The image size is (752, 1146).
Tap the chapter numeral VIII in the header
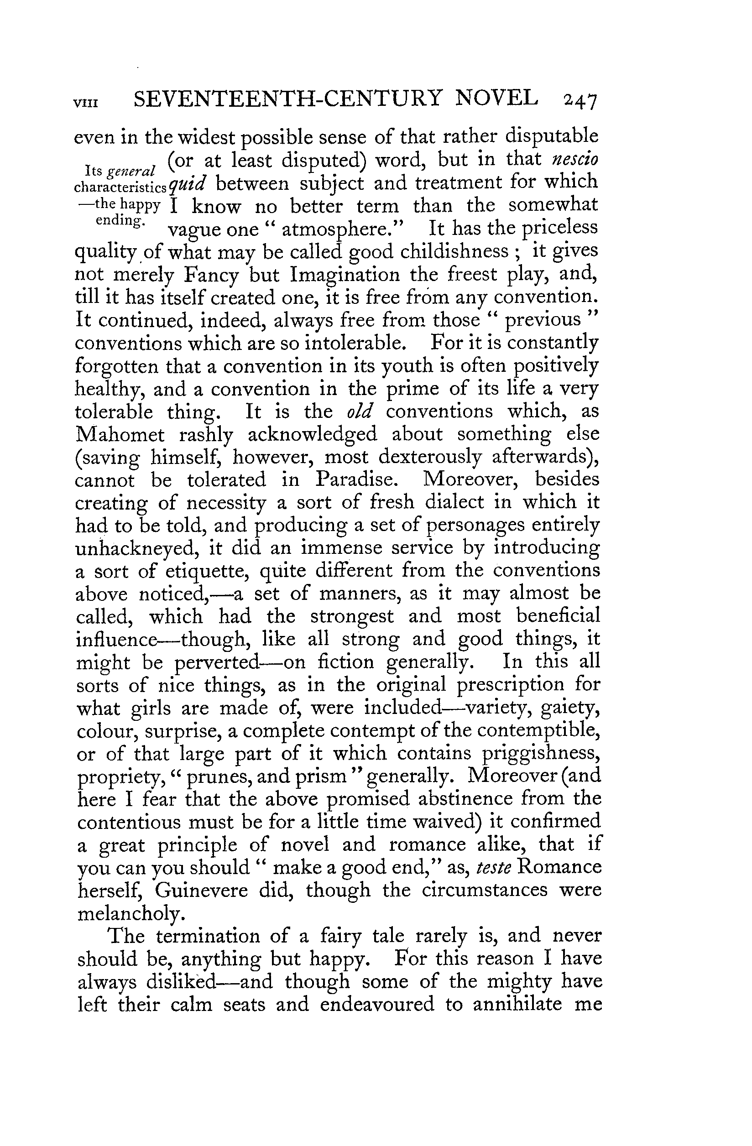click(x=86, y=104)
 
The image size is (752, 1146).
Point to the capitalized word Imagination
click(x=345, y=275)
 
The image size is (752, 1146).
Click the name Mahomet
click(x=120, y=434)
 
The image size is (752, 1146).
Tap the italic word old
click(x=360, y=412)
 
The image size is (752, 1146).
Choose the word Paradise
click(x=356, y=479)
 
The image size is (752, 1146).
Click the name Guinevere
click(x=201, y=890)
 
